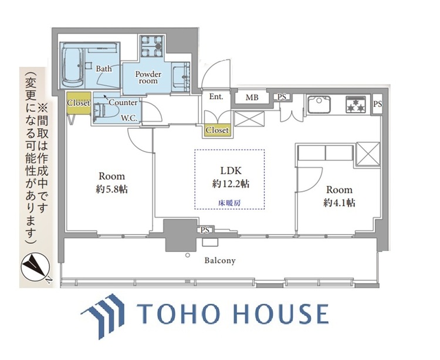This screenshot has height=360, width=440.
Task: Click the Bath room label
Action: point(104,69)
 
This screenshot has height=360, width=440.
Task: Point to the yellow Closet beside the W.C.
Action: point(78,103)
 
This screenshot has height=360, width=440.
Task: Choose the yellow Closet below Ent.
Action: point(217,130)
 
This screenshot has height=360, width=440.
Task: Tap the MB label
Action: point(252,97)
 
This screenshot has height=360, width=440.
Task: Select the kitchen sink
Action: point(320,106)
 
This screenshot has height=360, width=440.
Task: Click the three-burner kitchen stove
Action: point(356,104)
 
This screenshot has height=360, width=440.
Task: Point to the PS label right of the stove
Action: point(377,104)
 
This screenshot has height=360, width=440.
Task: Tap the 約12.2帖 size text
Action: point(229,185)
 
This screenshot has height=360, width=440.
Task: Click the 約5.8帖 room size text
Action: point(111,189)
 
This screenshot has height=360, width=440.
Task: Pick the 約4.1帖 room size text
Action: point(339,203)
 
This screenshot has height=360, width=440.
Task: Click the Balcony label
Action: point(220,260)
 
